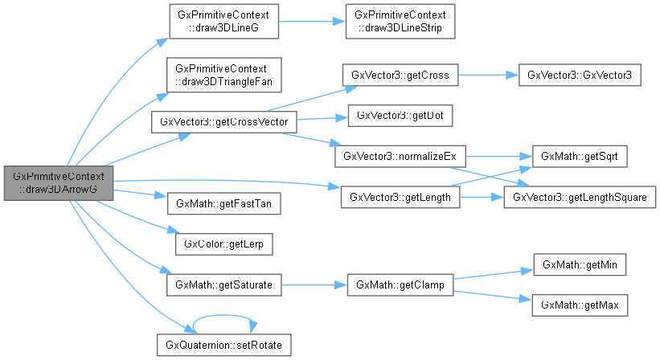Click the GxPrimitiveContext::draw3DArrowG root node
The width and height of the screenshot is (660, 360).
tap(56, 182)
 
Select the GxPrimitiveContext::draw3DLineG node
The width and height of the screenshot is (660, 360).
tap(223, 22)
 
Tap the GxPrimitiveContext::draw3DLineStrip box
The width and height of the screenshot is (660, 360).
tap(399, 22)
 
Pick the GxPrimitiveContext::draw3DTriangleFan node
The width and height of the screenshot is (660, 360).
tap(223, 72)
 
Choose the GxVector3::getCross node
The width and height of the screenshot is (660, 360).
tap(400, 76)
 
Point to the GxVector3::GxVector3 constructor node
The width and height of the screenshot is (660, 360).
tap(579, 76)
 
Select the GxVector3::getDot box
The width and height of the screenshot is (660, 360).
tap(400, 116)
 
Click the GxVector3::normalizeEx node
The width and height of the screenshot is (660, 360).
tap(400, 156)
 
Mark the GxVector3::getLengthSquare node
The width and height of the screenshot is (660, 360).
tap(579, 196)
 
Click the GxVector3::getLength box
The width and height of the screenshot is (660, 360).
tap(400, 196)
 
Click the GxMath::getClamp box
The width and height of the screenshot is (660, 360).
tap(400, 284)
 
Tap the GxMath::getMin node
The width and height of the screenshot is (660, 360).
tap(579, 264)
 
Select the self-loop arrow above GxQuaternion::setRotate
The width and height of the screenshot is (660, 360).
tap(224, 315)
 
